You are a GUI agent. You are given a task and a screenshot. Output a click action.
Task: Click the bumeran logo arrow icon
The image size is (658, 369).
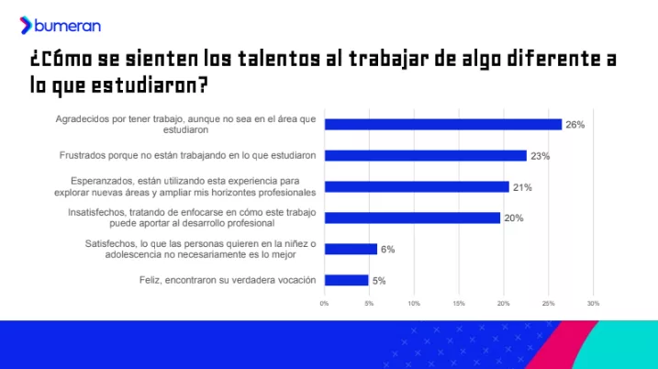coord(26,25)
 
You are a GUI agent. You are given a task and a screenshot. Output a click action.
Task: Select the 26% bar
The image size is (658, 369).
coord(442,124)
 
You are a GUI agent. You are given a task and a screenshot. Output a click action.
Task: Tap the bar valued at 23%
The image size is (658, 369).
coord(426,156)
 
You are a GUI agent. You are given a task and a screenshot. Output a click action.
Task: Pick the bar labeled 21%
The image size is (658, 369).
coord(417,187)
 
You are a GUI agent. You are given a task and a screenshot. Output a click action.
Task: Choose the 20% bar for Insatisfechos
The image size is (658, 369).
coord(412,218)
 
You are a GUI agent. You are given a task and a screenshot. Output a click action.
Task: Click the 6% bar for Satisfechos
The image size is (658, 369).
coord(351,249)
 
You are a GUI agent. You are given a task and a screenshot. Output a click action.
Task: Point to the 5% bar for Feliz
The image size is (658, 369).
coord(346,280)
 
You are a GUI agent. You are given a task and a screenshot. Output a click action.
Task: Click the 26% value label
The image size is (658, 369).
coord(574,125)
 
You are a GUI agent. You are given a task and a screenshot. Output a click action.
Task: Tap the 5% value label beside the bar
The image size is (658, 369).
coord(379,281)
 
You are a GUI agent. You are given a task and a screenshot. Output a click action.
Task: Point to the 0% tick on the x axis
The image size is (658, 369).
coord(324,303)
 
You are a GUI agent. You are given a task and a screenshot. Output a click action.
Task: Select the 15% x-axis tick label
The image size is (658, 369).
coord(459,303)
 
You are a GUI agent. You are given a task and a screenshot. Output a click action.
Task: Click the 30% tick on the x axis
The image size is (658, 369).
coord(593,303)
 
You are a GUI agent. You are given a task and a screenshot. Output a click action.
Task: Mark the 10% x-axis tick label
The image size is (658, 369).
coord(414,303)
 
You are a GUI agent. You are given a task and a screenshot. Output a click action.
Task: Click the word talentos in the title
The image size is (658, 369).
coord(279,59)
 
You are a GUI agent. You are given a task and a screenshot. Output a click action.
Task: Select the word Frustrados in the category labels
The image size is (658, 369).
coord(83,155)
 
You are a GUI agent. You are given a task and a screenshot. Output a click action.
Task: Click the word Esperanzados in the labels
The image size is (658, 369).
coord(101,182)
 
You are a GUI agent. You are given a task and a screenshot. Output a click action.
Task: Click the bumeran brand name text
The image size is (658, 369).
coord(67,26)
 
